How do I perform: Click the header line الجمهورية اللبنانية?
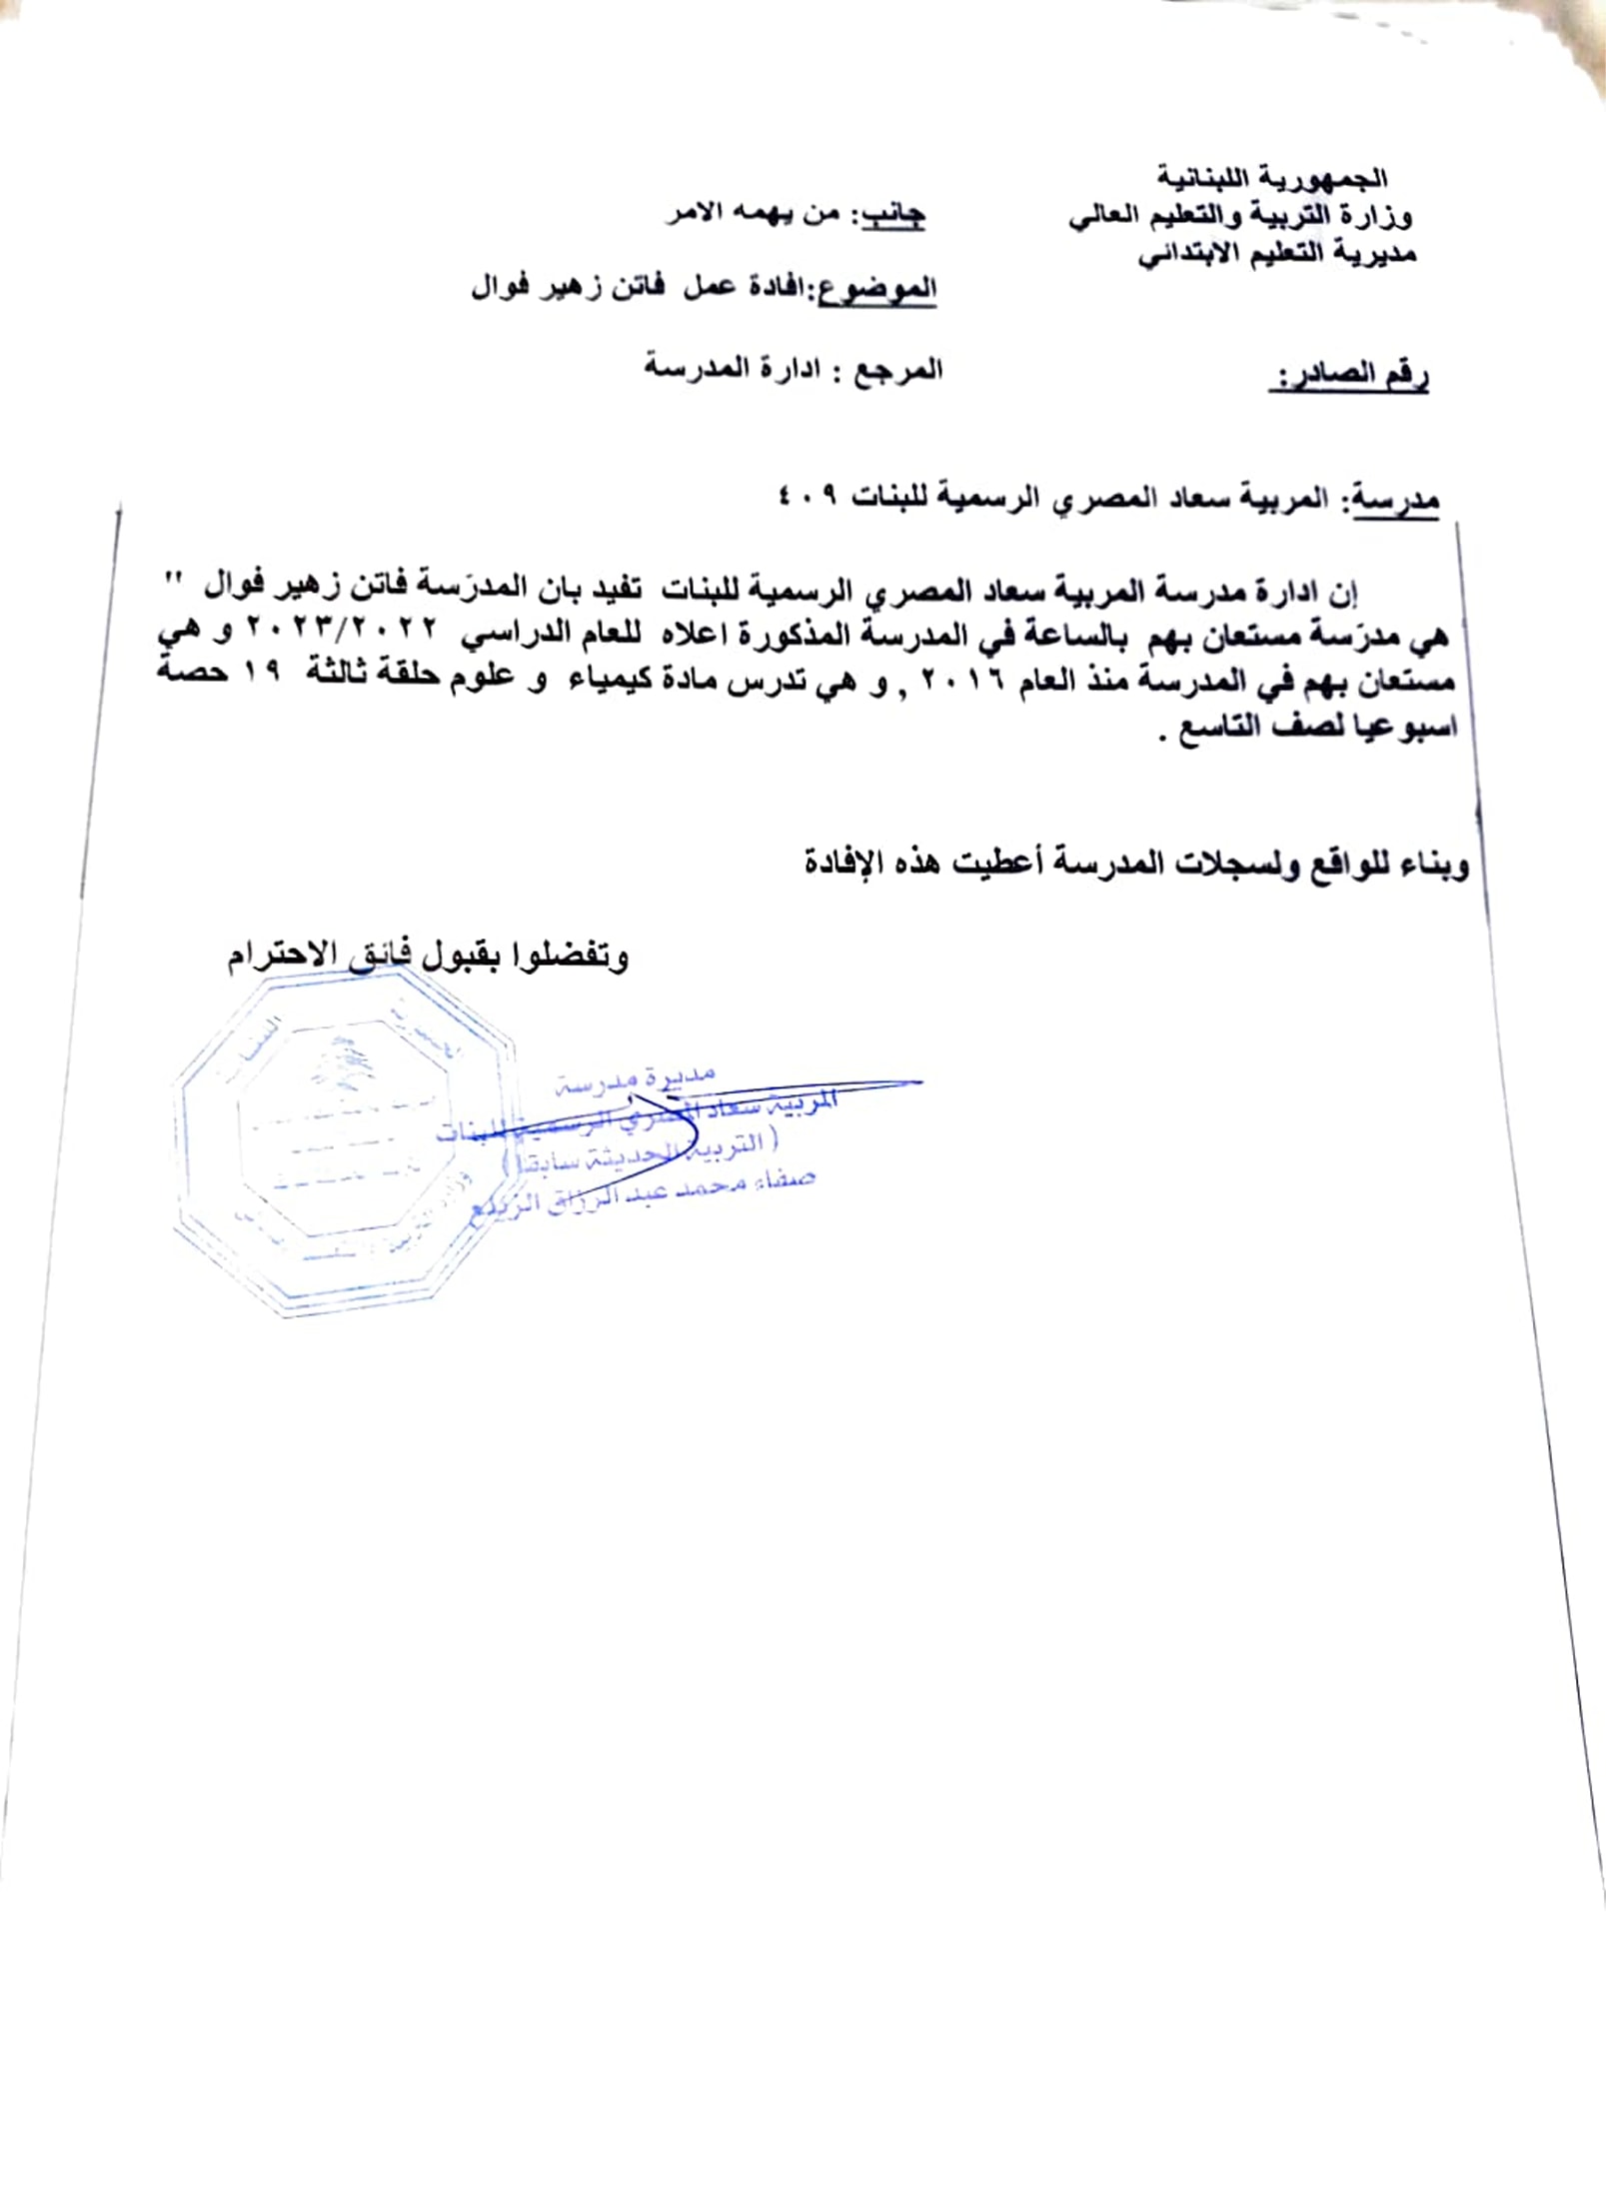[x=1272, y=179]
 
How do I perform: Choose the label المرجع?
[x=896, y=370]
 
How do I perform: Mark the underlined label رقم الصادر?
[x=1349, y=377]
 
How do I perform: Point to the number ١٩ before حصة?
[x=262, y=675]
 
